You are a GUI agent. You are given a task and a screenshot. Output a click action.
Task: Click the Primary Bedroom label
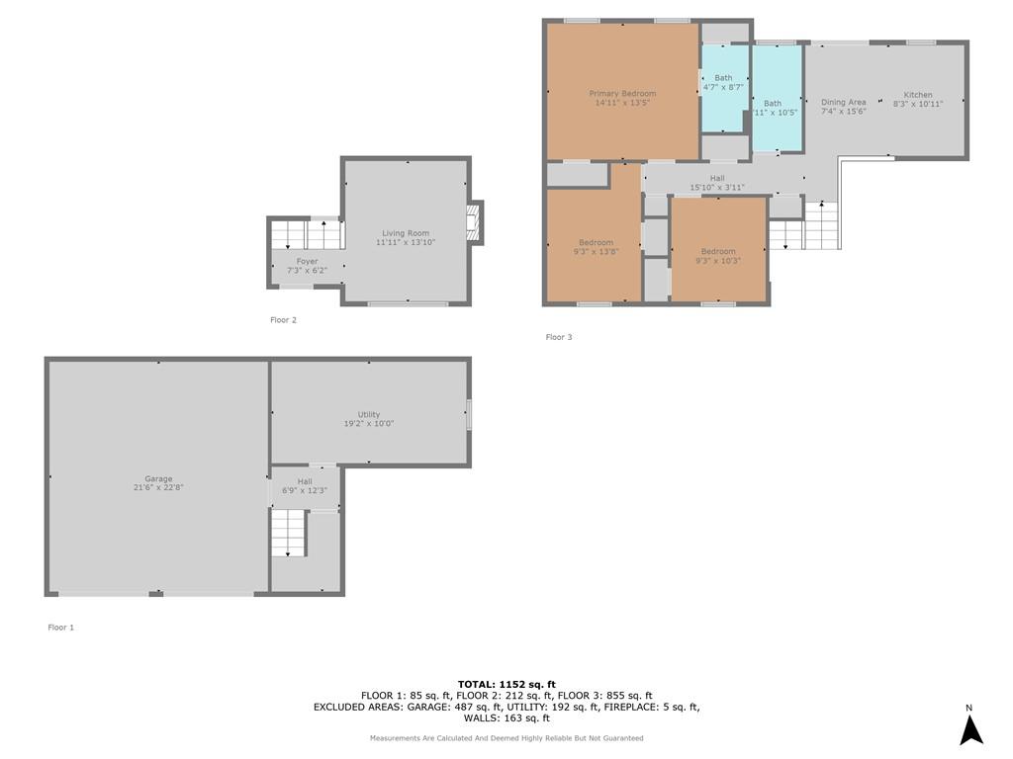coord(622,94)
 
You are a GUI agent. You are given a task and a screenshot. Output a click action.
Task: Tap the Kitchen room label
coord(918,95)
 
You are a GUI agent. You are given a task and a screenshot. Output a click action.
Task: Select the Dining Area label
coord(843,102)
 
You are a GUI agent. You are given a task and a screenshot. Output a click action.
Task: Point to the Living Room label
coord(405,233)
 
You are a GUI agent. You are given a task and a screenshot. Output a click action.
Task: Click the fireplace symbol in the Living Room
coord(476,223)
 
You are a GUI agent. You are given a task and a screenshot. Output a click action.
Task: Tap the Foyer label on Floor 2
coord(307,261)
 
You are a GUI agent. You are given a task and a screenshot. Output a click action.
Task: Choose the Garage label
coord(158,479)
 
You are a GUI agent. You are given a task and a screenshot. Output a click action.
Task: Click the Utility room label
coord(369,414)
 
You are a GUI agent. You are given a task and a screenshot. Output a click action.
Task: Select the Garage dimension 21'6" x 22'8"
coord(158,488)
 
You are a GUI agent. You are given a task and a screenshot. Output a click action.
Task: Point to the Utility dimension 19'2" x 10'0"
coord(369,423)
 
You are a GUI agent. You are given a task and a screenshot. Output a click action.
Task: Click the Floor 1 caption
coord(60,628)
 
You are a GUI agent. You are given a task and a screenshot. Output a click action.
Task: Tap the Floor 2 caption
coord(283,320)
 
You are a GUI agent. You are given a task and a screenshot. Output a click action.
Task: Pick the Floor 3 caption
coord(559,337)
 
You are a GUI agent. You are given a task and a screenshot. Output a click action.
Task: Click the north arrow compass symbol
coord(971,729)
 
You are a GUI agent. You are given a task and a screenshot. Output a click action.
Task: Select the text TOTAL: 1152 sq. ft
coord(506,684)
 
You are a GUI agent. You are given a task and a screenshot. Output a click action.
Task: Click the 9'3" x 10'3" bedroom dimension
coord(718,261)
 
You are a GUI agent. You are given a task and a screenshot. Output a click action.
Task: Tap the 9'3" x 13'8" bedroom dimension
coord(596,252)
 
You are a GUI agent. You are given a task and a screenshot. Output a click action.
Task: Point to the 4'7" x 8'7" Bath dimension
coord(723,87)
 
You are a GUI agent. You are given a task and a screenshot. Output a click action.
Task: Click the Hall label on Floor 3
coord(717,178)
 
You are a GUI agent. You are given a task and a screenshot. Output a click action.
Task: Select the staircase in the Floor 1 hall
coord(288,533)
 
